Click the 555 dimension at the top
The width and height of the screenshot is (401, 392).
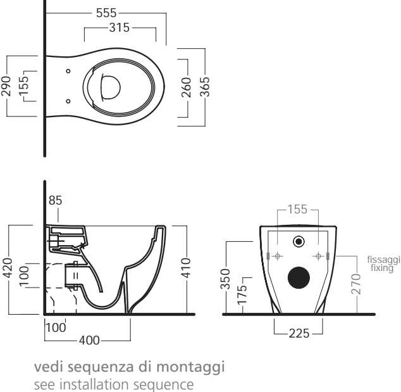click(x=106, y=13)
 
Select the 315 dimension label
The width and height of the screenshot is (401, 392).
click(x=120, y=27)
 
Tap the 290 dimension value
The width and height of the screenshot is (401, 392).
click(x=6, y=86)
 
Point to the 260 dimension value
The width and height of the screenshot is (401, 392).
click(x=187, y=87)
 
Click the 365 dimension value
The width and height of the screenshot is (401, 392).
click(x=204, y=87)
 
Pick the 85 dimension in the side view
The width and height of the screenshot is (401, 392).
click(x=55, y=200)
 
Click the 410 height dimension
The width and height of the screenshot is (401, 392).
click(x=186, y=268)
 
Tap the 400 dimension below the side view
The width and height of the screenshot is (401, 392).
click(x=89, y=341)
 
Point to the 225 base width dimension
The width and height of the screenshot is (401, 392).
click(x=299, y=334)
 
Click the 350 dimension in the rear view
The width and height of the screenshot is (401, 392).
click(x=225, y=279)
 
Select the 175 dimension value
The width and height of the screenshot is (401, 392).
click(x=242, y=295)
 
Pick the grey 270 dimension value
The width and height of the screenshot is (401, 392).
click(x=355, y=284)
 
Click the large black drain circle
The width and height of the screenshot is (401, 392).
click(x=299, y=277)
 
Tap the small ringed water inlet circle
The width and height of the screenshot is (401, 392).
click(x=299, y=241)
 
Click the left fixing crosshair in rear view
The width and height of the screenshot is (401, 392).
click(x=278, y=256)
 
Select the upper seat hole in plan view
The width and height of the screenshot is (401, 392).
click(x=68, y=71)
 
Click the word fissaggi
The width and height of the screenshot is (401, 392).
click(x=384, y=260)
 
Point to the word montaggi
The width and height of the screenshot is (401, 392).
click(x=190, y=367)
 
